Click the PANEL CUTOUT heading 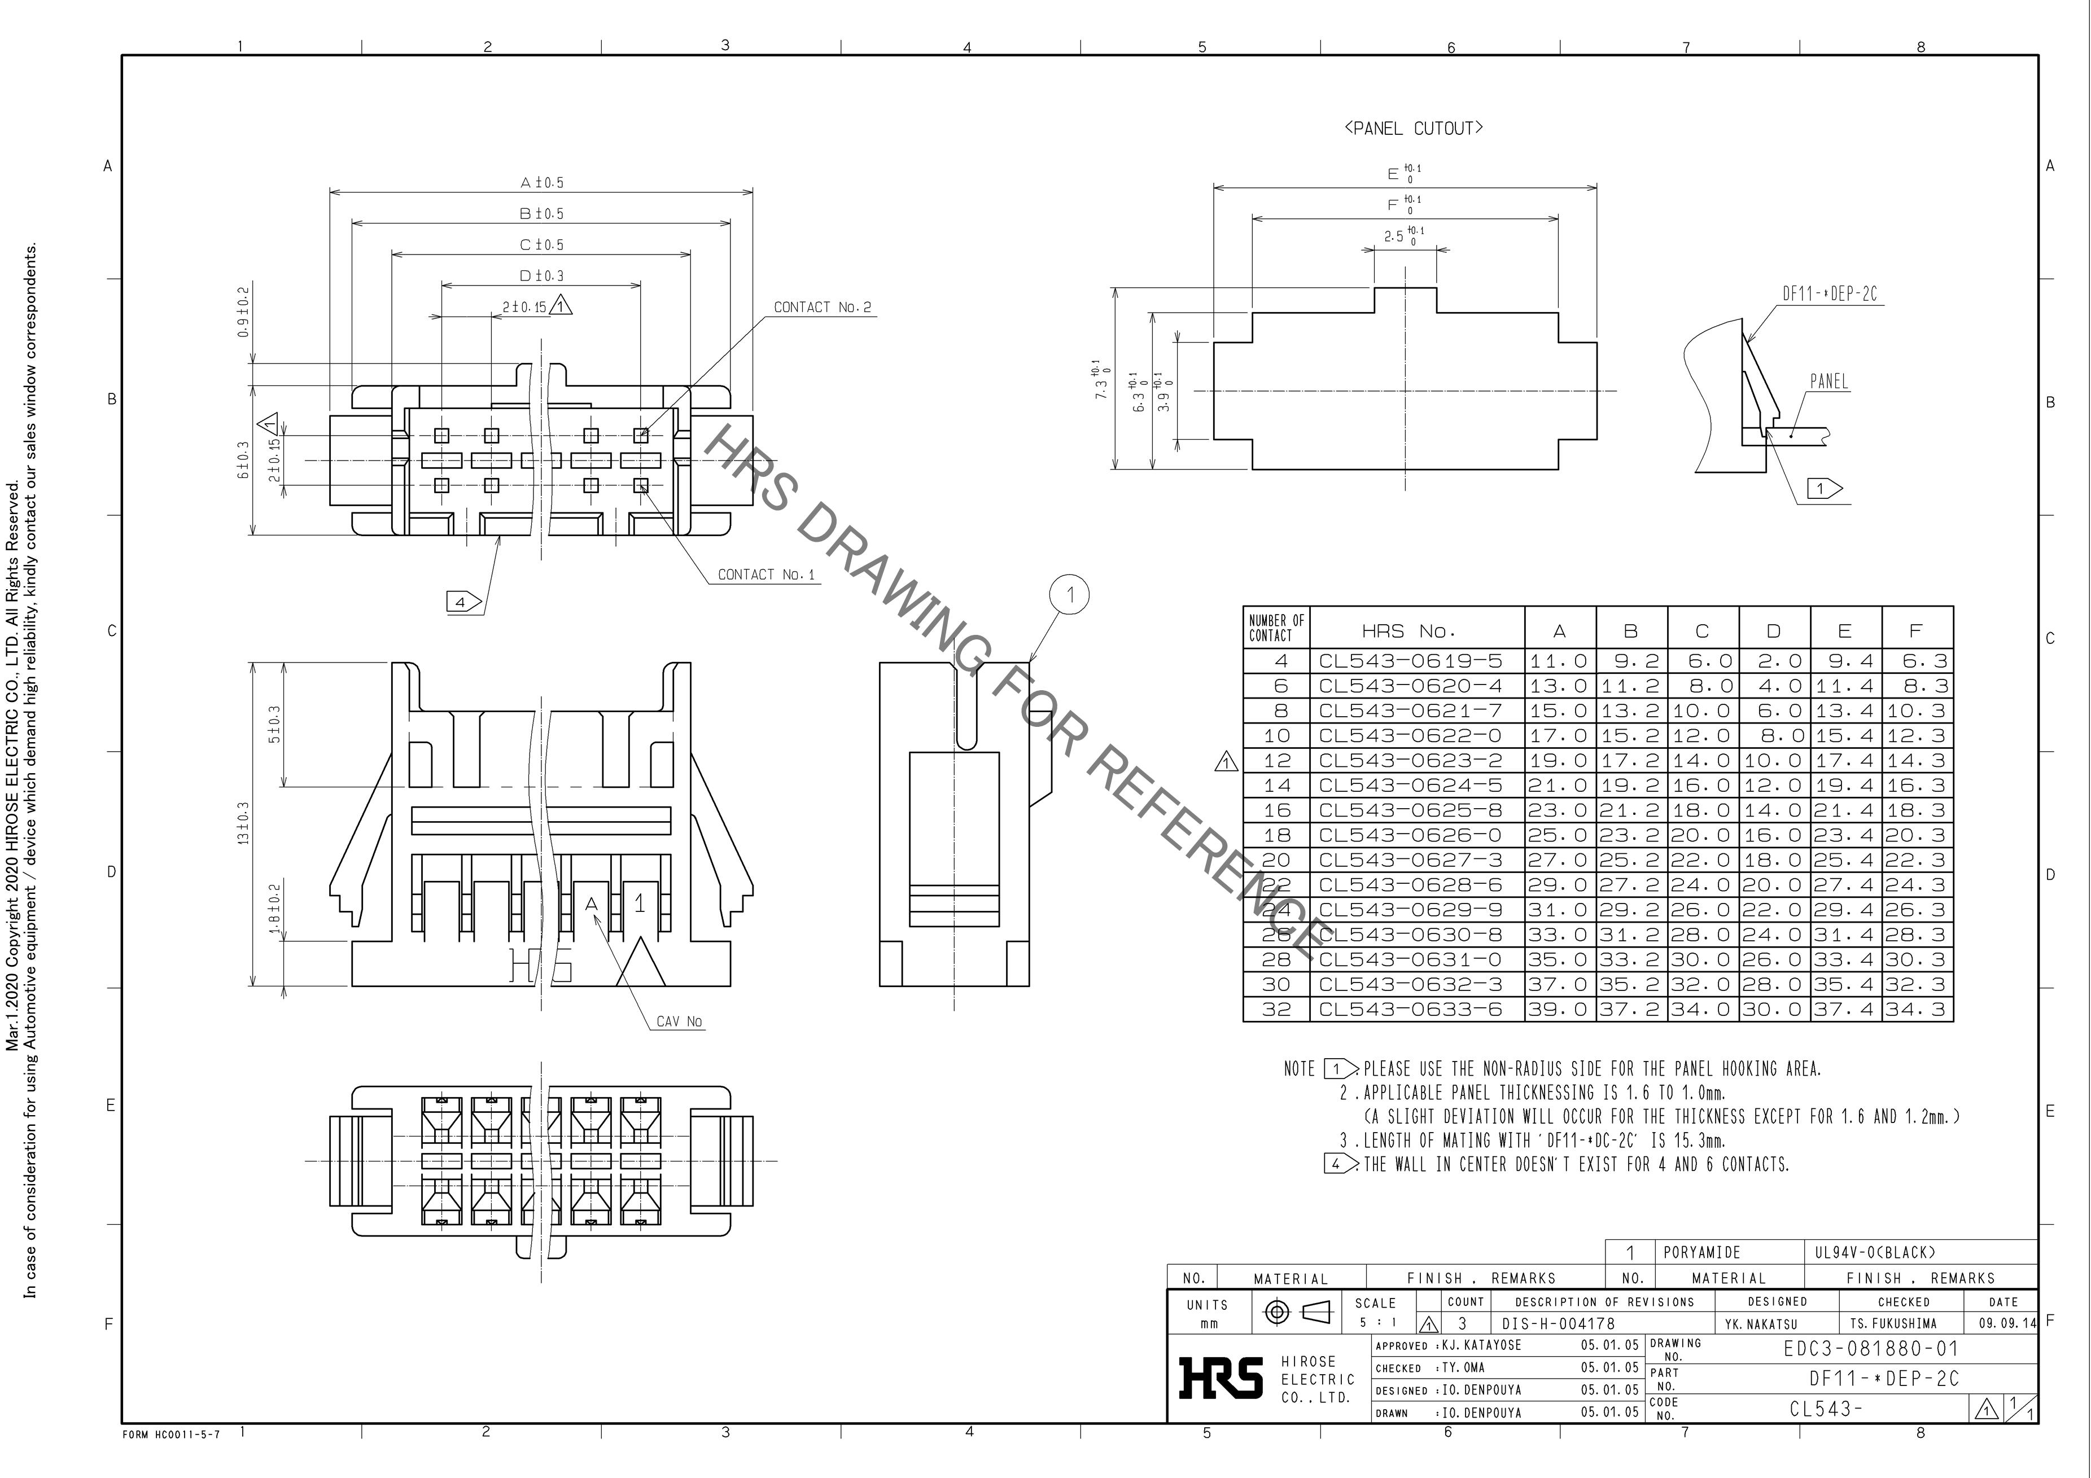[x=1414, y=129]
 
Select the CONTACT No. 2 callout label [x=823, y=308]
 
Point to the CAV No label [x=679, y=1022]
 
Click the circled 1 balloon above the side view [x=1070, y=595]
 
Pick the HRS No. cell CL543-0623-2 [x=1411, y=760]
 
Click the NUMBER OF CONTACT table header [x=1276, y=628]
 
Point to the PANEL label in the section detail [x=1828, y=381]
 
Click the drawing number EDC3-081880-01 [x=1870, y=1349]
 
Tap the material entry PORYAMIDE [x=1701, y=1252]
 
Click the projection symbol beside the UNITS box [x=1297, y=1312]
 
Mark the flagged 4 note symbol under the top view [x=463, y=602]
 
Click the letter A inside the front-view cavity [x=591, y=904]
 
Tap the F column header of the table [x=1915, y=630]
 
